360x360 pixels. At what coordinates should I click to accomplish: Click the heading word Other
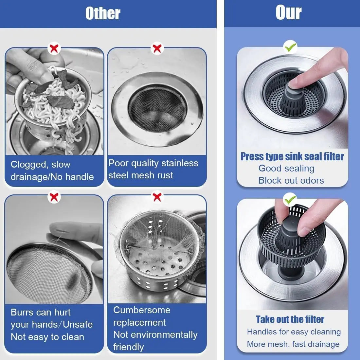click(x=103, y=13)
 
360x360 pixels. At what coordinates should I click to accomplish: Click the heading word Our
click(x=288, y=13)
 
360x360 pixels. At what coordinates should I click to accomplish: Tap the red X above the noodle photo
click(x=54, y=48)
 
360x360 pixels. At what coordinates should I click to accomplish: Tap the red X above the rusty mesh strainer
click(x=157, y=48)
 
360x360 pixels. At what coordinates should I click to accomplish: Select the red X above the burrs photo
click(x=54, y=197)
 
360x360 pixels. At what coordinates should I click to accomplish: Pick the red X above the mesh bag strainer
click(x=157, y=197)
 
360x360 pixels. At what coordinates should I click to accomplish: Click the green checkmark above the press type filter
click(x=290, y=48)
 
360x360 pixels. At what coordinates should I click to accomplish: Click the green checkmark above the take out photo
click(x=290, y=199)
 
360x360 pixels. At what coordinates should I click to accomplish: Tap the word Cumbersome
click(x=142, y=310)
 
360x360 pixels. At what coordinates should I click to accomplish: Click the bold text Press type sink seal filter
click(x=292, y=156)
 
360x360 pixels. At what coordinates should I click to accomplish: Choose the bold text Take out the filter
click(x=290, y=319)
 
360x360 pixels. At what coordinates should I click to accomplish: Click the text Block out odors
click(x=291, y=180)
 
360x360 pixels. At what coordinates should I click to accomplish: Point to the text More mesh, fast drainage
click(x=293, y=344)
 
